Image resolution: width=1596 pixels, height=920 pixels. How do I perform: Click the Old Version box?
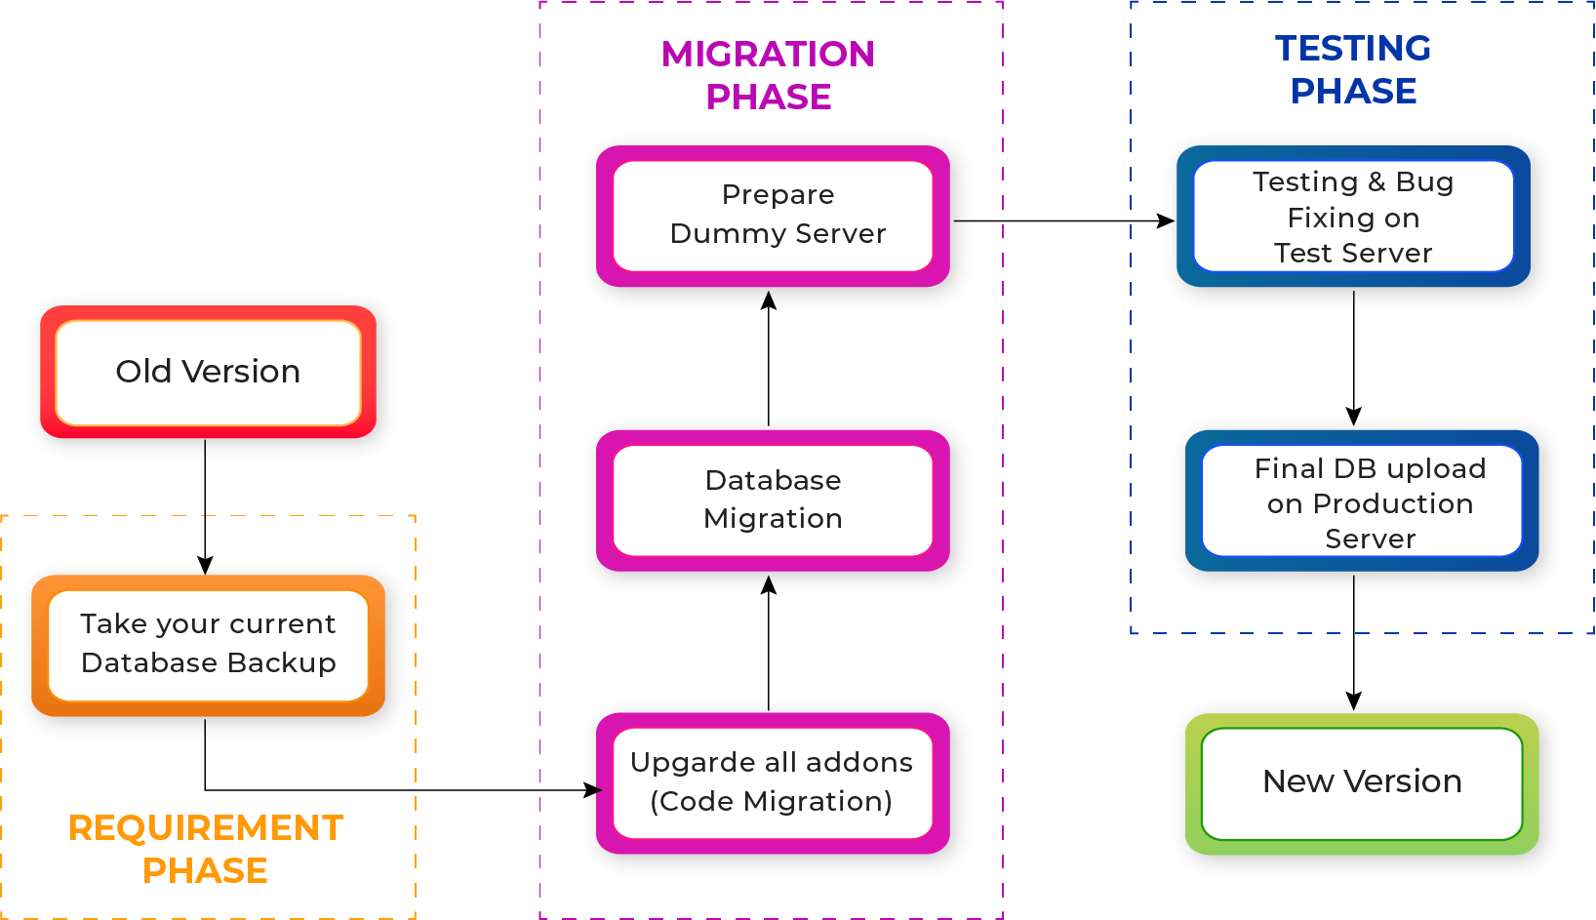click(209, 373)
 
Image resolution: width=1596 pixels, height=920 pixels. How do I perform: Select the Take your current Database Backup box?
click(209, 644)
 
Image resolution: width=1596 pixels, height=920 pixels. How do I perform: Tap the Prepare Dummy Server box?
click(777, 215)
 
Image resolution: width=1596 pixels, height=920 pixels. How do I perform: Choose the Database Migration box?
click(773, 500)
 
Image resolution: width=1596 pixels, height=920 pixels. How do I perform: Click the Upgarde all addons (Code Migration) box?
click(773, 782)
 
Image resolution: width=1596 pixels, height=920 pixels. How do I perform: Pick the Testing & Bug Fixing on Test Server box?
click(1353, 218)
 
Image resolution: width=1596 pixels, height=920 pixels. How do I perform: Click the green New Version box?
click(1362, 782)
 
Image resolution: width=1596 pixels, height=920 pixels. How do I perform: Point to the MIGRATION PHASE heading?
click(769, 75)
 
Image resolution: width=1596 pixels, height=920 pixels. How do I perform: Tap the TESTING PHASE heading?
click(1353, 69)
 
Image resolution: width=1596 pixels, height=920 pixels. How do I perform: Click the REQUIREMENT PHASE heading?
click(205, 849)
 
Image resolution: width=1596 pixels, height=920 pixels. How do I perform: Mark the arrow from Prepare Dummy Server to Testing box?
click(1068, 221)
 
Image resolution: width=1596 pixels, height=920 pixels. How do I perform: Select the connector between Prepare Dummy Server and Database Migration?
click(769, 363)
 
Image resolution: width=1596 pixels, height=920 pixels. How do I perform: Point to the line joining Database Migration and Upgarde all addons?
click(769, 646)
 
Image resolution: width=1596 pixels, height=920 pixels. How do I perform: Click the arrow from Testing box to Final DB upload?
click(1354, 363)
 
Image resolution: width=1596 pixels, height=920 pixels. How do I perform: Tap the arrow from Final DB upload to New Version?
click(1354, 646)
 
